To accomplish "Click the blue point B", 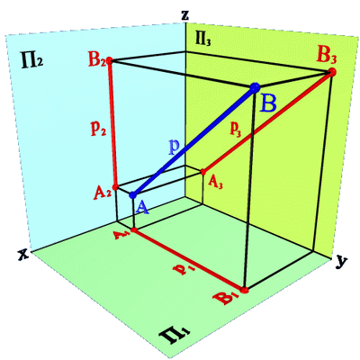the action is pos(255,87).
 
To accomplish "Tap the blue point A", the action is pos(132,195).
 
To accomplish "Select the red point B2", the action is pos(110,59).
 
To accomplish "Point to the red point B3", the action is pos(331,72).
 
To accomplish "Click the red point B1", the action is pos(245,290).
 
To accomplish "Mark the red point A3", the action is pos(202,172).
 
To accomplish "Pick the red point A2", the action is pos(116,187).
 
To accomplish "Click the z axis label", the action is pos(185,15).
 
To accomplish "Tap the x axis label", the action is pos(22,255).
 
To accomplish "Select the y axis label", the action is pos(340,262).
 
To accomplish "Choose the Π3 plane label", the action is pos(202,40).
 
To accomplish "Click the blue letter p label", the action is pos(174,147).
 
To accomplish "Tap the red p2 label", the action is pos(98,129).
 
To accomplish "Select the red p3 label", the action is pos(236,129).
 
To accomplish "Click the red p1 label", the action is pos(184,269).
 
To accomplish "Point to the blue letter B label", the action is pos(268,104).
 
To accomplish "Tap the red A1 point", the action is pos(134,230).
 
